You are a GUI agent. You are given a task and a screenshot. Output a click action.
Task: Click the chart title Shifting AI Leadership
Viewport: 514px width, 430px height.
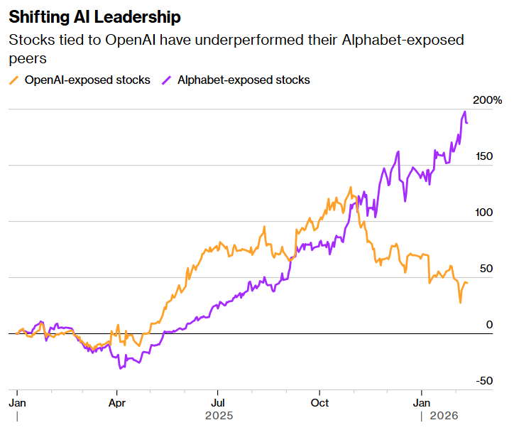[94, 16]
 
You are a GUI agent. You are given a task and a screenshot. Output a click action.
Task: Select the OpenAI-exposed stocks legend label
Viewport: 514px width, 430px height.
[87, 80]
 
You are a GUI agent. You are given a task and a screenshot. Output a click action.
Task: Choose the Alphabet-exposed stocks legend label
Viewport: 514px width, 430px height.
[244, 80]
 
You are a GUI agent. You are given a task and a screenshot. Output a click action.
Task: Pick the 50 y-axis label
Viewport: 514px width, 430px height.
[485, 269]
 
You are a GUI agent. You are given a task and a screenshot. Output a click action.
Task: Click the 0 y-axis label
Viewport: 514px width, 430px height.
[488, 325]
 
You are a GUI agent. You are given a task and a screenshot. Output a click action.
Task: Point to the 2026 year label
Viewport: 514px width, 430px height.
[443, 415]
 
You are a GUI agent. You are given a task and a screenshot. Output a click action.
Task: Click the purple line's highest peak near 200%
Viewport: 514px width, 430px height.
[464, 112]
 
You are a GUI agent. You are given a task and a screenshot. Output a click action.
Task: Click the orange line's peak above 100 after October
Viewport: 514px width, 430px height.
[351, 188]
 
